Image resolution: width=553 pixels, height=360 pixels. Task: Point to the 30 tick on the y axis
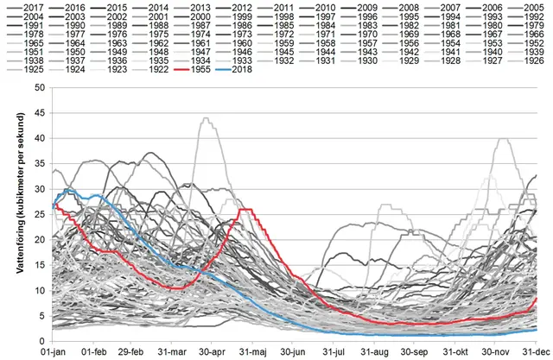[x=41, y=187]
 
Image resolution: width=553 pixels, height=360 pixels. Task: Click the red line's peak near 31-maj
[x=245, y=210]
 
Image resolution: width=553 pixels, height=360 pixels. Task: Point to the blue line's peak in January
[x=68, y=189]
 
